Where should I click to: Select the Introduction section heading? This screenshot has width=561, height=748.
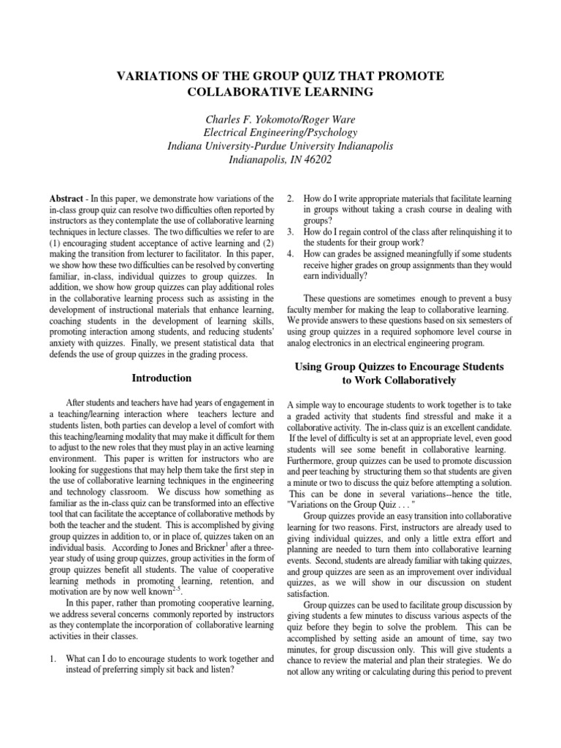(161, 378)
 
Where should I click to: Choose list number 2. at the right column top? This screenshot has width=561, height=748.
(290, 198)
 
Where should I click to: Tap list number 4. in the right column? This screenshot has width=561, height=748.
(290, 254)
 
